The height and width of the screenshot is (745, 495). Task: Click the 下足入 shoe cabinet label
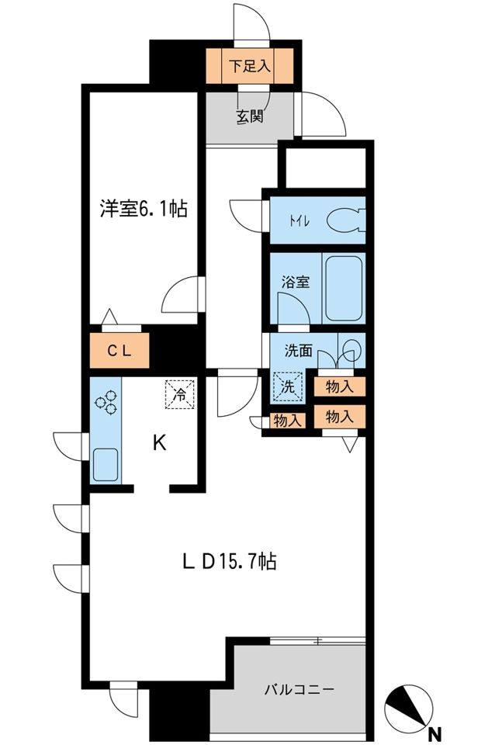249,67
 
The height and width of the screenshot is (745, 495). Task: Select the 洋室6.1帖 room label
143,210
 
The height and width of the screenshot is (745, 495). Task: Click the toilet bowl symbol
344,221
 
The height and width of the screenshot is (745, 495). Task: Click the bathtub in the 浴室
343,288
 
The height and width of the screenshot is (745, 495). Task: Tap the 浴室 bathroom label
295,281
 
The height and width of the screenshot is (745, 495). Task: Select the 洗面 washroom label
298,350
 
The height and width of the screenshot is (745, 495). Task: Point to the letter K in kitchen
158,443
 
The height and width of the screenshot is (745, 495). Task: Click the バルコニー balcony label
299,689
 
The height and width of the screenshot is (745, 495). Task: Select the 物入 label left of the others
288,420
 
